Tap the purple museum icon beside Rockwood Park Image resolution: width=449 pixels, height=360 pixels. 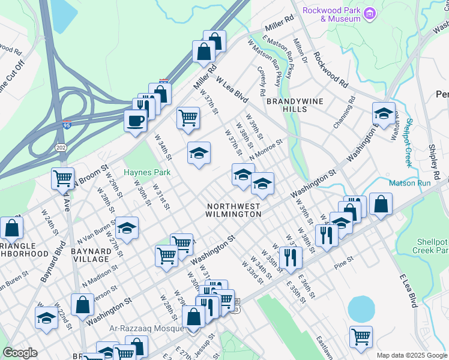point(370,14)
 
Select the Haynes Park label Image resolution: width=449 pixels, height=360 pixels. point(147,172)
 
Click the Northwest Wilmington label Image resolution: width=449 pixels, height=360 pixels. point(234,210)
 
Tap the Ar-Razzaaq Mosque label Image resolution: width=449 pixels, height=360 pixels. point(152,328)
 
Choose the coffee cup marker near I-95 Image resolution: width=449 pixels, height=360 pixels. point(135,120)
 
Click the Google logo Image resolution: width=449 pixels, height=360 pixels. point(20,353)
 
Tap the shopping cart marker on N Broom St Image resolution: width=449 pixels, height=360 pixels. point(62,178)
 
